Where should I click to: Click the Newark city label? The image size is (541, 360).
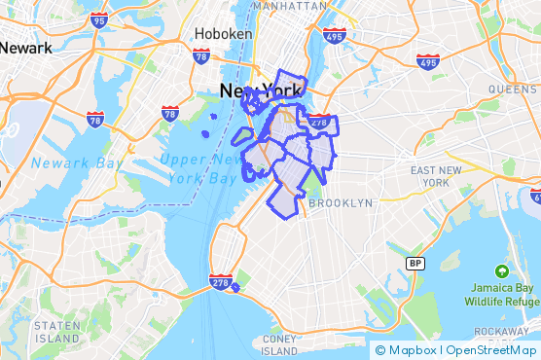point(24,46)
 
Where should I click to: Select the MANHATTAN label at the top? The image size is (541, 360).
point(289,6)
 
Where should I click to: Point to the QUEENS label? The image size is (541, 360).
point(512,89)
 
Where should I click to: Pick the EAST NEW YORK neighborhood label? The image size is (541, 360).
point(429,176)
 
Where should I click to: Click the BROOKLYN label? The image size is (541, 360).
point(340,203)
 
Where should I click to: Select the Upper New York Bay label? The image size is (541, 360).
point(200,168)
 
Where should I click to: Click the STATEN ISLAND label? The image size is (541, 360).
point(56,332)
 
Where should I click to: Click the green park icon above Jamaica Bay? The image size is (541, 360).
point(501,270)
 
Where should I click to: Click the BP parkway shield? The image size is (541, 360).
point(415,264)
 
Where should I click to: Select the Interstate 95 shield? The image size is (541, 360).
point(98,19)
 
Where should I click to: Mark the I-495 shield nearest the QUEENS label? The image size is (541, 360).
point(427,61)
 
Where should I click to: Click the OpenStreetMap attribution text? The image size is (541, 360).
point(488,350)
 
